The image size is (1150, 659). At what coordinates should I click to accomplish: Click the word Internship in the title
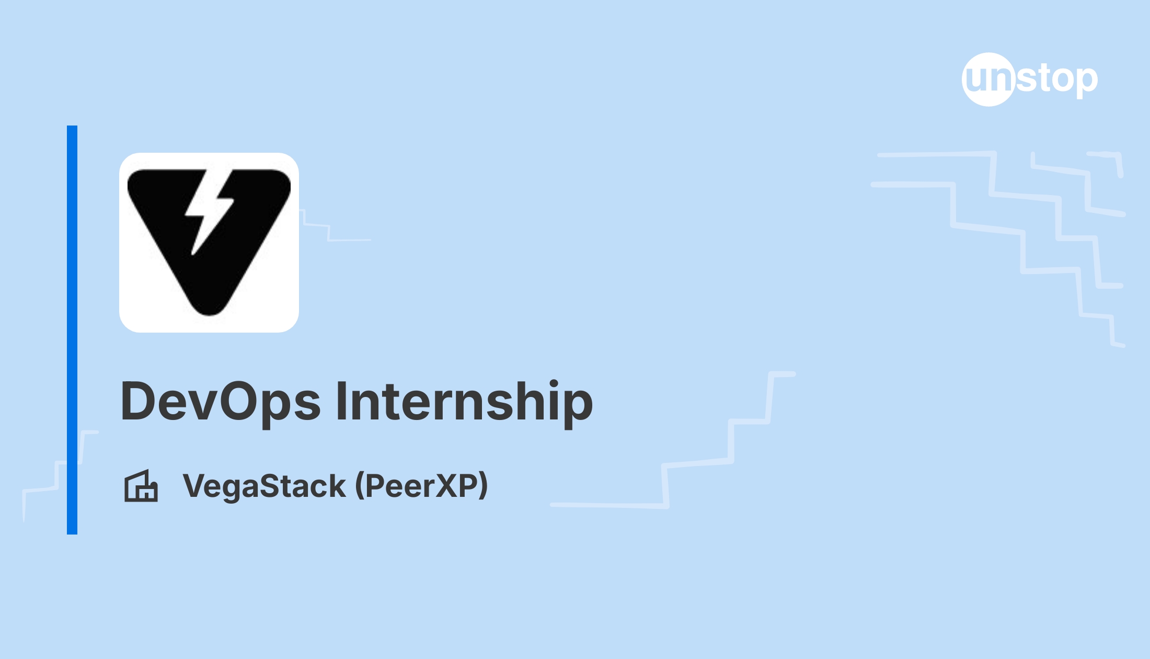[x=465, y=401]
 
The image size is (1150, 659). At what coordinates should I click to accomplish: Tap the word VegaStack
[x=264, y=487]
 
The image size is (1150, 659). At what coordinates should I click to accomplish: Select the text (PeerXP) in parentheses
[x=421, y=487]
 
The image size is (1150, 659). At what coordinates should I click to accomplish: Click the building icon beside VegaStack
[x=141, y=486]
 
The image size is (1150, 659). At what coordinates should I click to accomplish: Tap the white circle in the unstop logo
[x=988, y=79]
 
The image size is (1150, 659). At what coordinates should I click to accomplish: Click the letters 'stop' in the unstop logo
[x=1057, y=79]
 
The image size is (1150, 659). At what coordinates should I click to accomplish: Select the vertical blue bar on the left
[x=72, y=330]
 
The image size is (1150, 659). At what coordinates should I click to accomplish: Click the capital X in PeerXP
[x=447, y=486]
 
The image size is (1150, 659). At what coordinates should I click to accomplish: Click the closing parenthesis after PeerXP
[x=483, y=487]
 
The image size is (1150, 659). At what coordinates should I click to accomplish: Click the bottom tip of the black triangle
[x=209, y=315]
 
